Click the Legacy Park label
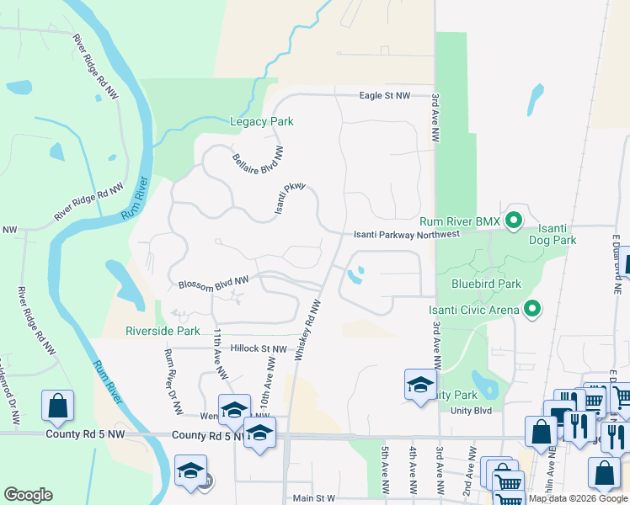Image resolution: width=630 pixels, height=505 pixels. coord(262,122)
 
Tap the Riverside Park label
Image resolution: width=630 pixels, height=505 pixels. coord(163,331)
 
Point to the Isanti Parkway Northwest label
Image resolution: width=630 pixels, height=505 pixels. coord(407,234)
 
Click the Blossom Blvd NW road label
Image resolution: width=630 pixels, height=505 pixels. coord(214,282)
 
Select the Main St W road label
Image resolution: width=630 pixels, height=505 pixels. coord(313,498)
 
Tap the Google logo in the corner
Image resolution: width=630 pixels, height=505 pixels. coord(28,495)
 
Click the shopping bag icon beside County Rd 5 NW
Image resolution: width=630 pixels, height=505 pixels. coord(57,406)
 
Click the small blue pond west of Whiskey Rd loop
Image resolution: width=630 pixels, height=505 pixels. coord(357,274)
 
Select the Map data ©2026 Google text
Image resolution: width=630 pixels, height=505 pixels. coord(578,498)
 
